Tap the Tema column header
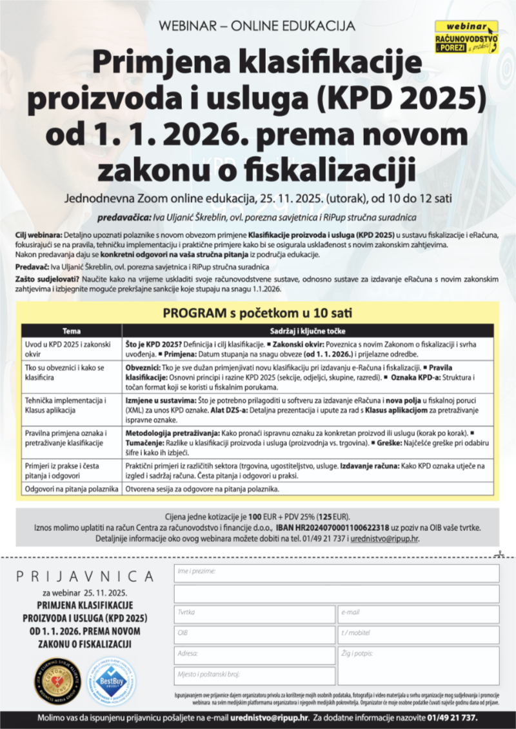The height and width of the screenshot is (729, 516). (x=71, y=330)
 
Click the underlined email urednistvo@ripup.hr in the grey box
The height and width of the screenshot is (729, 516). (x=384, y=538)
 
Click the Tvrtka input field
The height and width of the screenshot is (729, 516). (x=254, y=614)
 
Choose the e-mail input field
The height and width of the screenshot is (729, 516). (x=418, y=614)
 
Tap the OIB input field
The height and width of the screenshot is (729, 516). (x=254, y=635)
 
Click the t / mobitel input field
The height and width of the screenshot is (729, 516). (x=418, y=635)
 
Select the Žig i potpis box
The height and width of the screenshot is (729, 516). (x=418, y=666)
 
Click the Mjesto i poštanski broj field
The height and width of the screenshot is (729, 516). (x=254, y=676)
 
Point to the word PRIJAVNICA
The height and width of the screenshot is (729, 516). (x=85, y=576)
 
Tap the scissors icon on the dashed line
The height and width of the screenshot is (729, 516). (x=497, y=554)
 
